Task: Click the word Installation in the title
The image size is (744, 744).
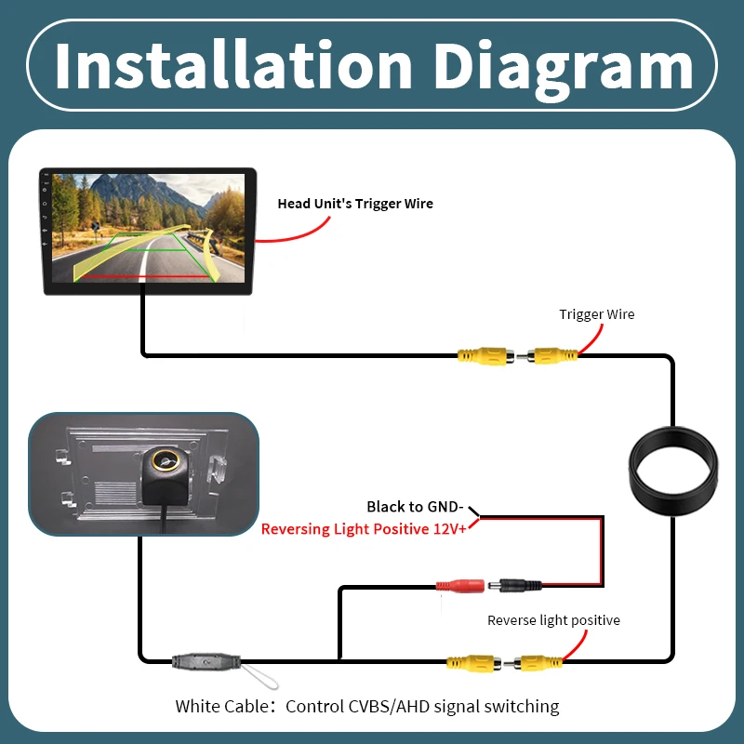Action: click(x=233, y=65)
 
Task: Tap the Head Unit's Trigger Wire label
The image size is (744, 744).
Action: click(x=355, y=204)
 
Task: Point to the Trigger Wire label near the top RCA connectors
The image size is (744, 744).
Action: click(x=596, y=314)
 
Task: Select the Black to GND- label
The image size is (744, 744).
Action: click(x=415, y=507)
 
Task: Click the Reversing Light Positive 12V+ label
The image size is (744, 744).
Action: click(x=364, y=528)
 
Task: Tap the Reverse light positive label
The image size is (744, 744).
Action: click(x=553, y=620)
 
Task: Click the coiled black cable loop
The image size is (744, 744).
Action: click(x=672, y=472)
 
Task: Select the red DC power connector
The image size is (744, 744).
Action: click(x=460, y=586)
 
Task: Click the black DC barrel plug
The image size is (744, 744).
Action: click(x=515, y=586)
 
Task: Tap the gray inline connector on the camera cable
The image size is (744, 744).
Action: click(x=206, y=661)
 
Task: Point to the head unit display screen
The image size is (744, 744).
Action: click(x=148, y=228)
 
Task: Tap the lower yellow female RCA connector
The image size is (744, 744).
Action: click(x=474, y=662)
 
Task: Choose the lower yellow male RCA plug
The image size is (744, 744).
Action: click(x=534, y=662)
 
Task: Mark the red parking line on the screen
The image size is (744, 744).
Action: click(x=145, y=276)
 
